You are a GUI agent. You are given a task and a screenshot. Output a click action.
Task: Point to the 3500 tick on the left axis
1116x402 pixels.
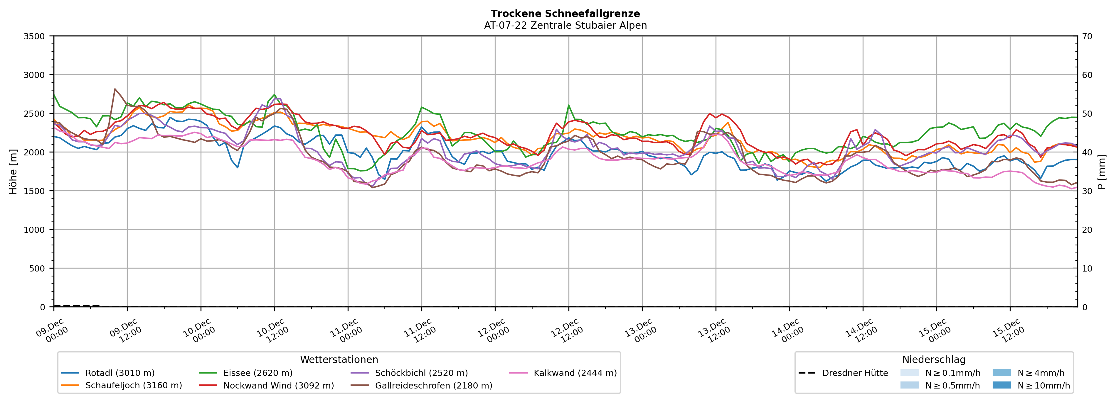(34, 36)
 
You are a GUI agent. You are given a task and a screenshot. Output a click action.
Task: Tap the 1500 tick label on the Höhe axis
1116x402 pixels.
(34, 191)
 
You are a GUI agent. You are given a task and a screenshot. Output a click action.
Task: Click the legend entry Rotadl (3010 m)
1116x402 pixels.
(119, 373)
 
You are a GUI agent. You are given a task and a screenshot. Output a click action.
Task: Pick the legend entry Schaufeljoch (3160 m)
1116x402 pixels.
(133, 386)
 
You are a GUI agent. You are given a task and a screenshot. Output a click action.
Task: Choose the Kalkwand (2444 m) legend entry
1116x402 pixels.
(575, 373)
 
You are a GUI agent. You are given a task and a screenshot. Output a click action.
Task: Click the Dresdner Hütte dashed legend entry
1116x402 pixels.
(855, 373)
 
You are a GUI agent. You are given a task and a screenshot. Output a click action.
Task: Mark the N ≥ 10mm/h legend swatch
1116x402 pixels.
(1001, 385)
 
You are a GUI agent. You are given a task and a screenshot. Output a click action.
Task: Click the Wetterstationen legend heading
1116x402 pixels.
(339, 359)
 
